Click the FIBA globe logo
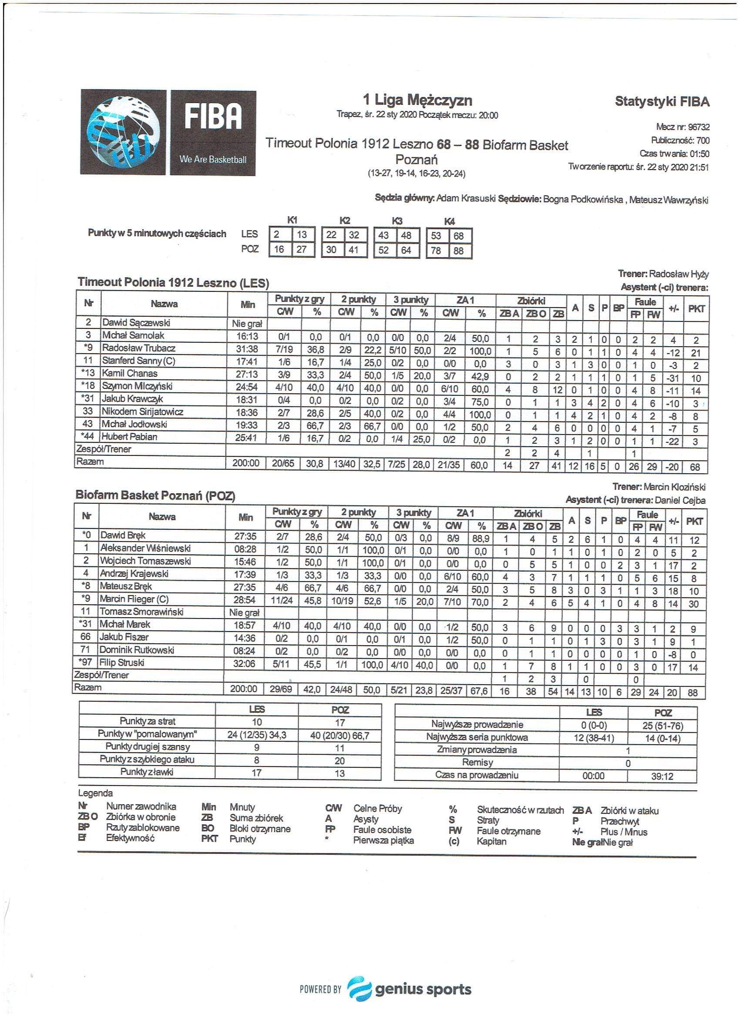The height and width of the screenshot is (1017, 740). (124, 132)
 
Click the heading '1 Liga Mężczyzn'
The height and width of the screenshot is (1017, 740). (417, 100)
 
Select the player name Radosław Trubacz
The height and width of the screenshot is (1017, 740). (138, 348)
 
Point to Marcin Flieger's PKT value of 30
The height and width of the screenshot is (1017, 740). (693, 604)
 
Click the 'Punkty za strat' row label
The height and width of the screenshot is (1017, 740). (147, 721)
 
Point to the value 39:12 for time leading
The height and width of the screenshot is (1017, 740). (662, 776)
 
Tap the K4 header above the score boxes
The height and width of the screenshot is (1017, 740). (449, 221)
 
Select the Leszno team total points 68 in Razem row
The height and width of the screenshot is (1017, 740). (695, 467)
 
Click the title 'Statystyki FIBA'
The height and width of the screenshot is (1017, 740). (662, 101)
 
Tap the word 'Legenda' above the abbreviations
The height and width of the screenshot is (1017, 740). (95, 793)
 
